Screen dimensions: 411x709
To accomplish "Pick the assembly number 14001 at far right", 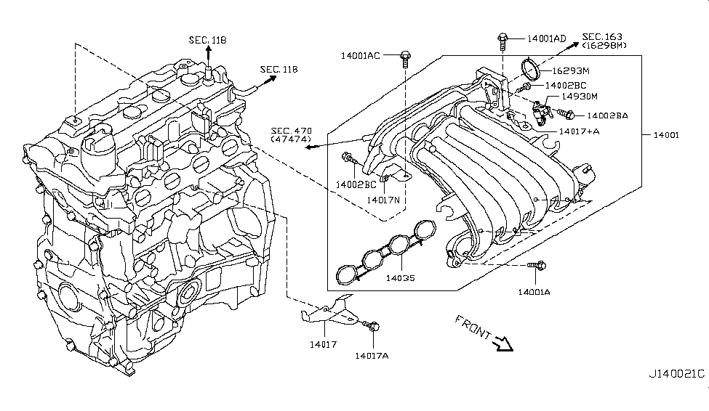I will tap(666, 135).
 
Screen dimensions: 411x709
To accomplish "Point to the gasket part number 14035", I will tap(401, 277).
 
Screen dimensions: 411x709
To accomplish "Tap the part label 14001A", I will tap(534, 292).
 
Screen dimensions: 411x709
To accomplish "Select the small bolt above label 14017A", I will tap(373, 327).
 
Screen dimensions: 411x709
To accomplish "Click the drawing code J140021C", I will tap(676, 374).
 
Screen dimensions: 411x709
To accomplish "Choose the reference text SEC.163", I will tap(603, 36).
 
